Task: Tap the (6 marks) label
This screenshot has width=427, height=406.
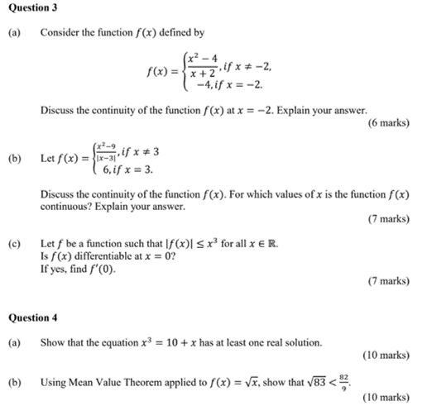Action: pos(388,122)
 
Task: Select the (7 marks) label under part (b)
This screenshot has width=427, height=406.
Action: pos(388,219)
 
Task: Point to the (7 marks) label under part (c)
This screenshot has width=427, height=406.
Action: pos(388,281)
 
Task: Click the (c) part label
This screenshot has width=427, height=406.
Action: pos(13,245)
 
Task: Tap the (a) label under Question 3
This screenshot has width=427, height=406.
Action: pos(13,34)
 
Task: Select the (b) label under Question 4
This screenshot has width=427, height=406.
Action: pos(13,383)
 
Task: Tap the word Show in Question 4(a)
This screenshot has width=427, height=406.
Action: pos(51,342)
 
